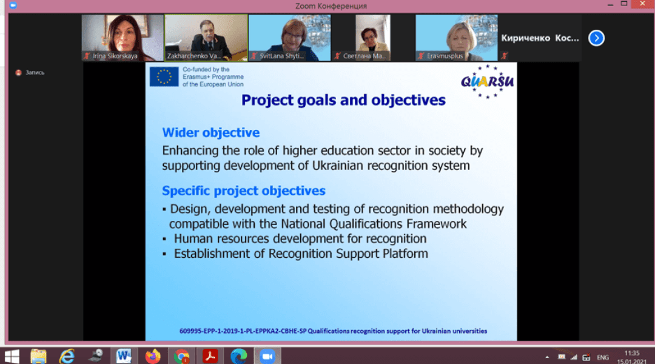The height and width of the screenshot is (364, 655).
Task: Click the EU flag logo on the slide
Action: click(164, 77)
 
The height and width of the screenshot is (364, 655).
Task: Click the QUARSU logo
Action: click(487, 81)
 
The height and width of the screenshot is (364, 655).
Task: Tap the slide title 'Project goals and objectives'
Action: click(343, 100)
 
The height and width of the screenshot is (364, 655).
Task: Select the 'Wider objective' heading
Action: click(211, 132)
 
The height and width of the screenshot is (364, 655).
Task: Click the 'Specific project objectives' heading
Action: click(244, 190)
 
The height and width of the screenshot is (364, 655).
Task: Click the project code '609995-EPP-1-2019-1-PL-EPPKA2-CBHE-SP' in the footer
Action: click(243, 331)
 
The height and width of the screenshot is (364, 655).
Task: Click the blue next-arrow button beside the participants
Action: click(596, 38)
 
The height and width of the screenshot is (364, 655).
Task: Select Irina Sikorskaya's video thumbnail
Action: click(123, 38)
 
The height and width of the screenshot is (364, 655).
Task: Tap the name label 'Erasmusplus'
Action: click(445, 56)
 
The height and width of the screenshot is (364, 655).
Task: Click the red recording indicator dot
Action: click(18, 73)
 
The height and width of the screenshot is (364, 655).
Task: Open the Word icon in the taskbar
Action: click(124, 356)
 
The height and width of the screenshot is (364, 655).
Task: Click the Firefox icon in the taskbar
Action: click(153, 356)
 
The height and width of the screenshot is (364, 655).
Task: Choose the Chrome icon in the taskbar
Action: click(181, 357)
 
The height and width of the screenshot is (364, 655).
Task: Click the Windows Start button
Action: click(12, 357)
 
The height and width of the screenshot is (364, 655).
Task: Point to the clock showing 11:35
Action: click(632, 353)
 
